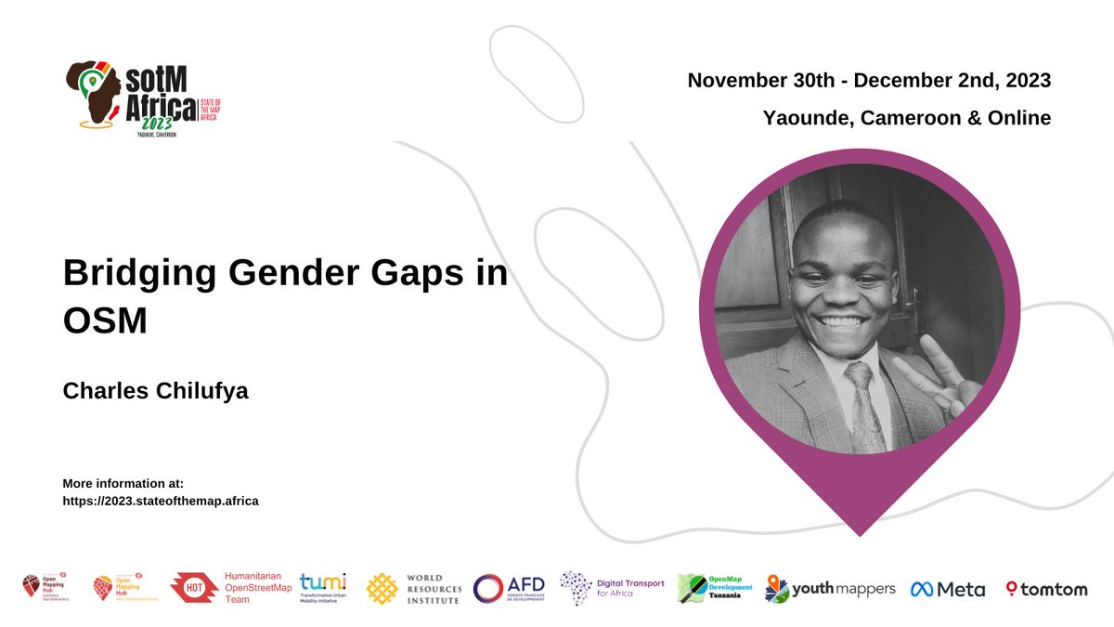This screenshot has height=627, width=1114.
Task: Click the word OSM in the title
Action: (106, 320)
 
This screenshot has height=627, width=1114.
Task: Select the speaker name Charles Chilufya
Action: (155, 391)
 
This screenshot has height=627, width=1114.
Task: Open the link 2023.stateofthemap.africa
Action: (160, 501)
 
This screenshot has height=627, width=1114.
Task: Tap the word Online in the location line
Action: (1018, 118)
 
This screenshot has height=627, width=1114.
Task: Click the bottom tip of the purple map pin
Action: (860, 533)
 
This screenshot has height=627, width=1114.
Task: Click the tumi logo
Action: (322, 587)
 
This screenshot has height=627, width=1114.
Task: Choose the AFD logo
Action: (509, 588)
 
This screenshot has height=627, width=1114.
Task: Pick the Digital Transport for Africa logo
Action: (613, 588)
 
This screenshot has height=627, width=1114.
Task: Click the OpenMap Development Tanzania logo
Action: (710, 588)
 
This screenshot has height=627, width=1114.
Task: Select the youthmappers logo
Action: (831, 588)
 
